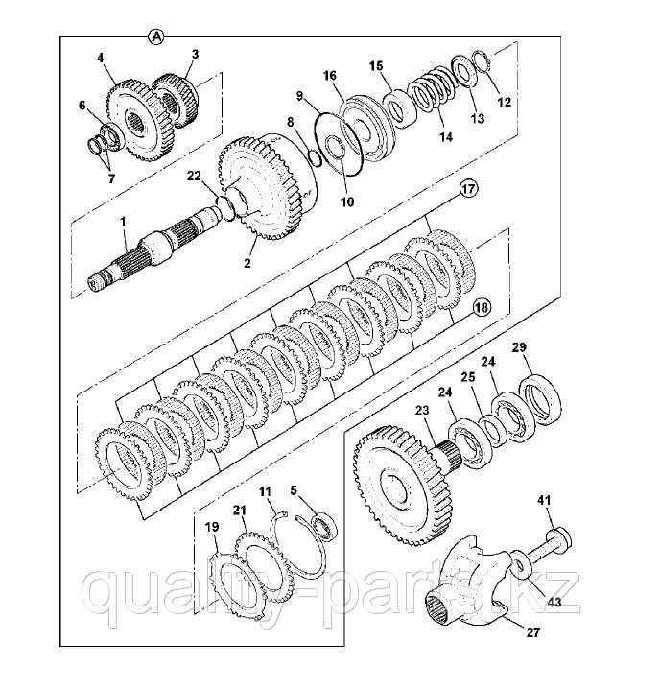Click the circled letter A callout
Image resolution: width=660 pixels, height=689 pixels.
click(157, 36)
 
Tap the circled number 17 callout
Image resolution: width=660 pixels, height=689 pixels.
click(467, 190)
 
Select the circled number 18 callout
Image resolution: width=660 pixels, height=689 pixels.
click(481, 307)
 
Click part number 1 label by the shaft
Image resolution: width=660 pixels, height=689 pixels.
click(124, 222)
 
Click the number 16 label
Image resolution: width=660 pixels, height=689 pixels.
click(330, 74)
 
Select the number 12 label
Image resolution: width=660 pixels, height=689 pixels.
click(507, 101)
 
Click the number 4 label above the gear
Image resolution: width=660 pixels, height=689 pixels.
click(100, 59)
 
